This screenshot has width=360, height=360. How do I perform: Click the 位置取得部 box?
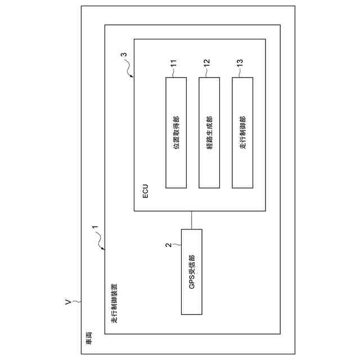[175, 132]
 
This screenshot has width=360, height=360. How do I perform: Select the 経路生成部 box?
[209, 132]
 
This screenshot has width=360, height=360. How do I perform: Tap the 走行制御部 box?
[242, 132]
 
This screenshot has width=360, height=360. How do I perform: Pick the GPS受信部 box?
[191, 272]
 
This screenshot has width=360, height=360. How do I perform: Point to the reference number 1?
[95, 229]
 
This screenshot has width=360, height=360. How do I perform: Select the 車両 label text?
[89, 339]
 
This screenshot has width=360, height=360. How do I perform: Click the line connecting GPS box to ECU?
[191, 220]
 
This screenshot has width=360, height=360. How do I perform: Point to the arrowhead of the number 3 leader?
[133, 77]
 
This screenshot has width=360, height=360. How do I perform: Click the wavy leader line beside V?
[76, 302]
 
